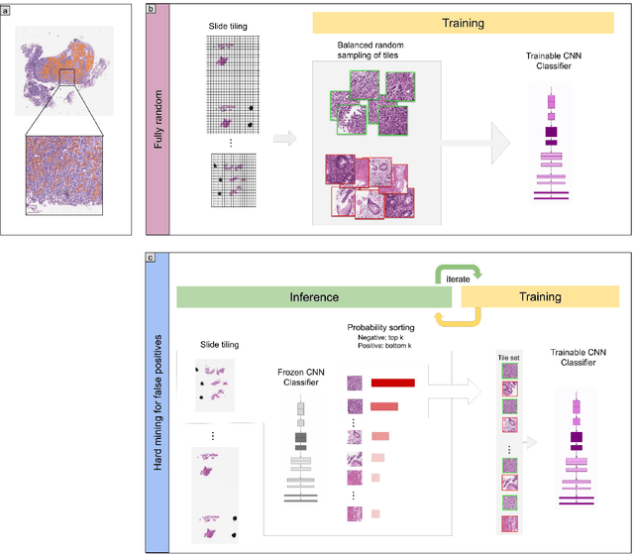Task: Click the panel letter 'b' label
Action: (150, 7)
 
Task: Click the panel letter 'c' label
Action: (150, 259)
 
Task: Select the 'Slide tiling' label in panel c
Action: (220, 344)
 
